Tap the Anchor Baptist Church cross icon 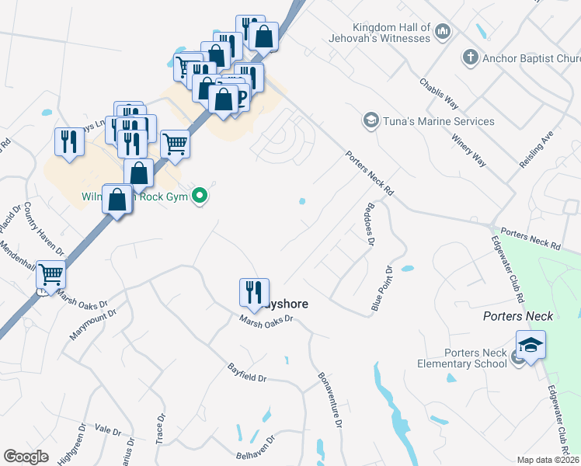coord(469,57)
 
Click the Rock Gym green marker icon coord(200,196)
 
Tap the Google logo coord(26,457)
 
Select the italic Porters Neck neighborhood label coord(518,316)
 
